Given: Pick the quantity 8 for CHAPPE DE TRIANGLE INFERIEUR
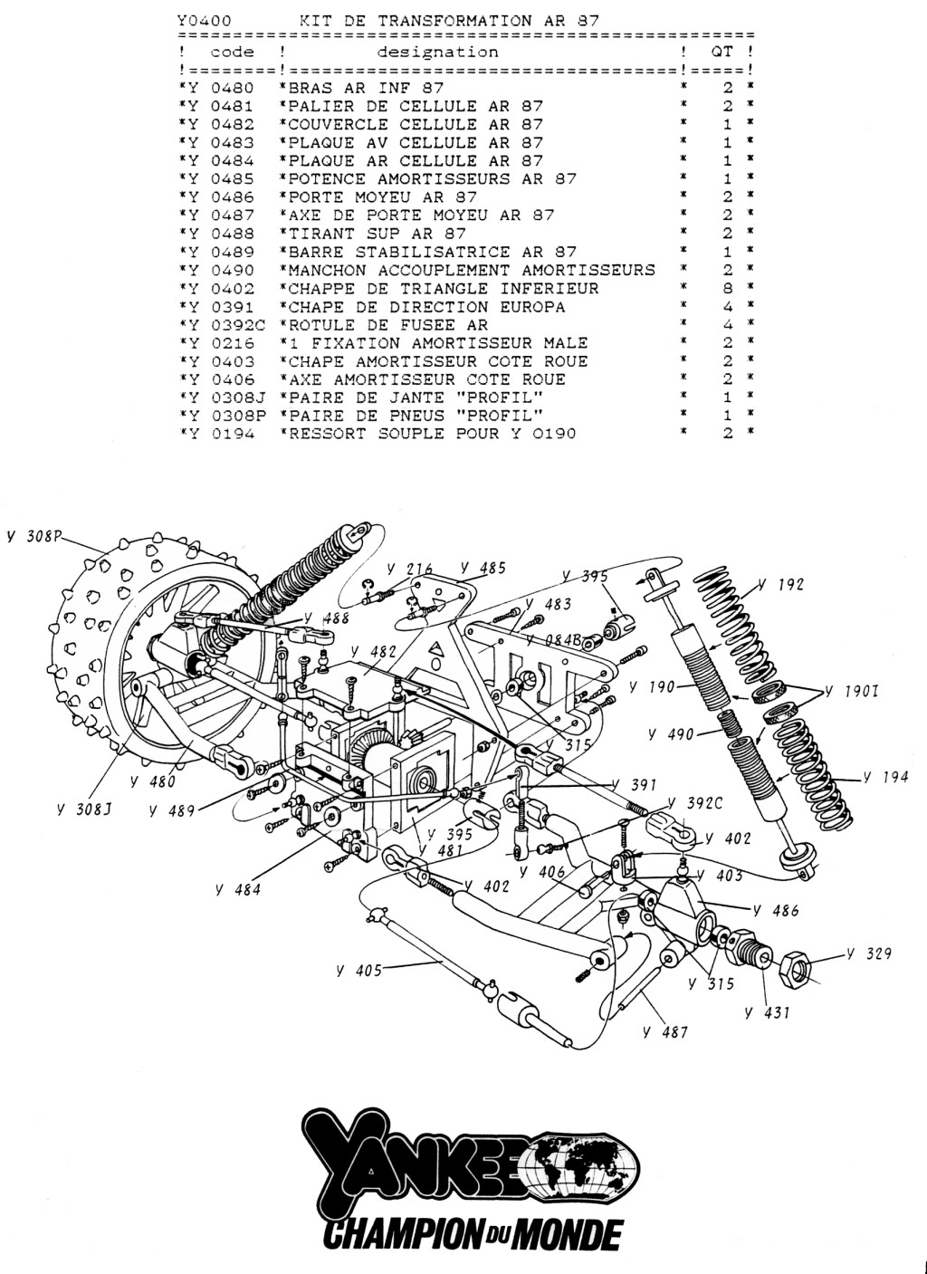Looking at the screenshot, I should (727, 288).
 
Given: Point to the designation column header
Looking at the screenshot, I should (437, 53).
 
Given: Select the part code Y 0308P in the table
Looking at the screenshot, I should (226, 416).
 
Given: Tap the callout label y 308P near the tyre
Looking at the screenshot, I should (33, 535).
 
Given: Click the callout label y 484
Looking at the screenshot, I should (239, 889).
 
